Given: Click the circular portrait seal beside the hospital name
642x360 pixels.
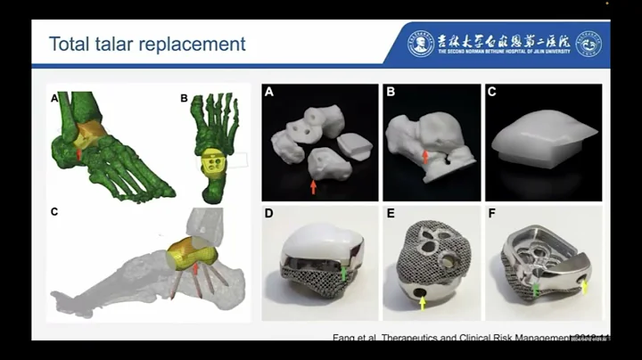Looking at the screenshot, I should point(420,43).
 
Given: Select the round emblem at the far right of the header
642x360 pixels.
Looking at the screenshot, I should point(588,43).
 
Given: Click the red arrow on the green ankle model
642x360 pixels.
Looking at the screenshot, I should point(80,153).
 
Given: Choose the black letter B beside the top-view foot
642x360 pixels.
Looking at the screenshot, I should point(184,98).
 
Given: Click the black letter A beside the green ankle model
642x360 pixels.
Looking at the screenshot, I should point(54,98).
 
